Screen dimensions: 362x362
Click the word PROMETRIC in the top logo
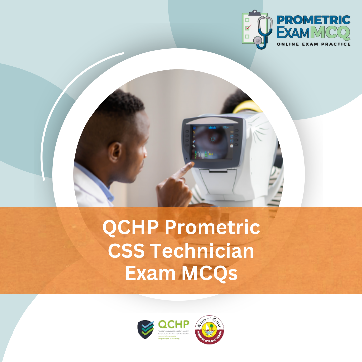pos(313,20)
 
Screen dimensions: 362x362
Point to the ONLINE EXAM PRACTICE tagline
pos(313,44)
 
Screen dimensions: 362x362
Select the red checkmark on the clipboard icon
pos(248,28)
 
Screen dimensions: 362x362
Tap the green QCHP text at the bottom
pos(173,324)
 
